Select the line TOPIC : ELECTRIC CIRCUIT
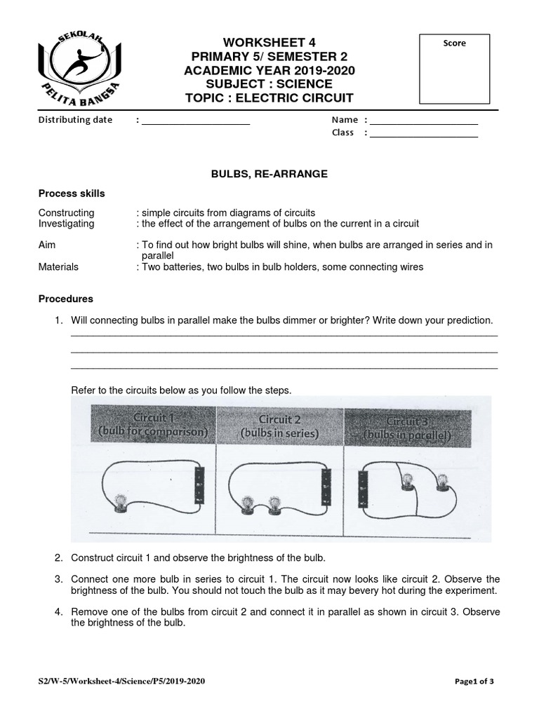coord(269,97)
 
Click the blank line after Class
coord(424,134)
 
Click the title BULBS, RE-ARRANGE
coord(269,173)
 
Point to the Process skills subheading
coord(72,194)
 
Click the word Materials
coord(58,267)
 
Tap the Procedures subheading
coord(65,299)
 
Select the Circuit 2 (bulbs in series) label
coord(279,426)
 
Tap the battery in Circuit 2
coord(325,487)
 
